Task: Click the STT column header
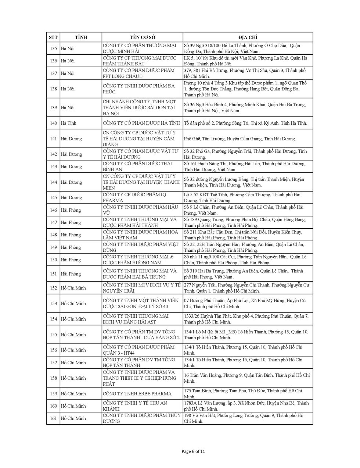click(x=53, y=37)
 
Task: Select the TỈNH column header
click(x=81, y=37)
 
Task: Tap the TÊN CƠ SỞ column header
click(x=142, y=37)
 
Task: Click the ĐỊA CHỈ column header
click(x=248, y=37)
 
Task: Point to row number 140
click(x=53, y=123)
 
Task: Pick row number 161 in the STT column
click(x=53, y=418)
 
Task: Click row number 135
click(x=53, y=49)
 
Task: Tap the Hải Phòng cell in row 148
click(x=71, y=235)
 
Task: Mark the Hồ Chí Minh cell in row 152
click(x=73, y=288)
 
